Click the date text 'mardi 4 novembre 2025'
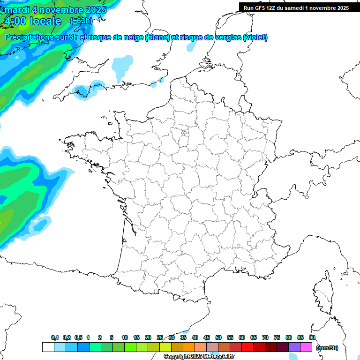(55, 9)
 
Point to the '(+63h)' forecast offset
(81, 21)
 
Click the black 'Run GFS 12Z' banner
(296, 7)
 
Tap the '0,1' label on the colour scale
(54, 338)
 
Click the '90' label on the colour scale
(312, 338)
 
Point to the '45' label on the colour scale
(207, 338)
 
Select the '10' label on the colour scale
(125, 338)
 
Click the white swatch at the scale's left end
(48, 347)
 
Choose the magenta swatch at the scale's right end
(306, 347)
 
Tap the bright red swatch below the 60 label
(247, 347)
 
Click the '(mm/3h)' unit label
(327, 348)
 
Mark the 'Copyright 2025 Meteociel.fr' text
(199, 357)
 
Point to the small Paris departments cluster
(185, 135)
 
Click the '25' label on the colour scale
(160, 338)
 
